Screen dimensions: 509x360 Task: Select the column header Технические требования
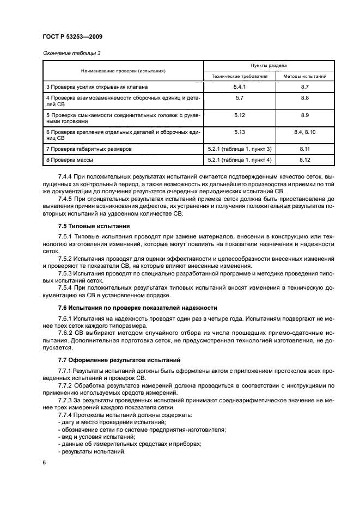240,77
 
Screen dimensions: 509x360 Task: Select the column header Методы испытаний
304,77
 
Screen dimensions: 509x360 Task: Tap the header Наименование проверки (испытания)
124,71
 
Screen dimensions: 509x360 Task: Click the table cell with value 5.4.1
240,87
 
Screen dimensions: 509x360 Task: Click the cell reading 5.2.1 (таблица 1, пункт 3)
240,149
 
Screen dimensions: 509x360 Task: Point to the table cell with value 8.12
304,160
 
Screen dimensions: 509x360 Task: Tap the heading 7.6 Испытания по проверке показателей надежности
137,308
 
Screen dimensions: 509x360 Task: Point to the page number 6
45,462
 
